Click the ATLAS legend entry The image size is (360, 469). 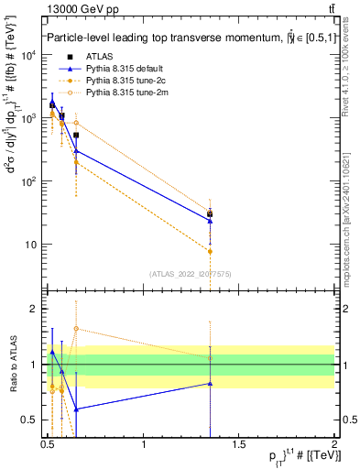pos(98,57)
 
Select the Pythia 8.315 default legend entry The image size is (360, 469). pos(120,69)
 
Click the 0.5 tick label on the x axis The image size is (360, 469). pos(48,443)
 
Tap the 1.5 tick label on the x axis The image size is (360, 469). pos(239,443)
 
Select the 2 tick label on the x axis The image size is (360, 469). pos(334,443)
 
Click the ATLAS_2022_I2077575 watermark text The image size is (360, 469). pos(190,273)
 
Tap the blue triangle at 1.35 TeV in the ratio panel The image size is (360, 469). pos(211,384)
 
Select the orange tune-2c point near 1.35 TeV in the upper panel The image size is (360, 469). pos(211,251)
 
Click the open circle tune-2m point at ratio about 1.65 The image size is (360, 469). pos(76,328)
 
